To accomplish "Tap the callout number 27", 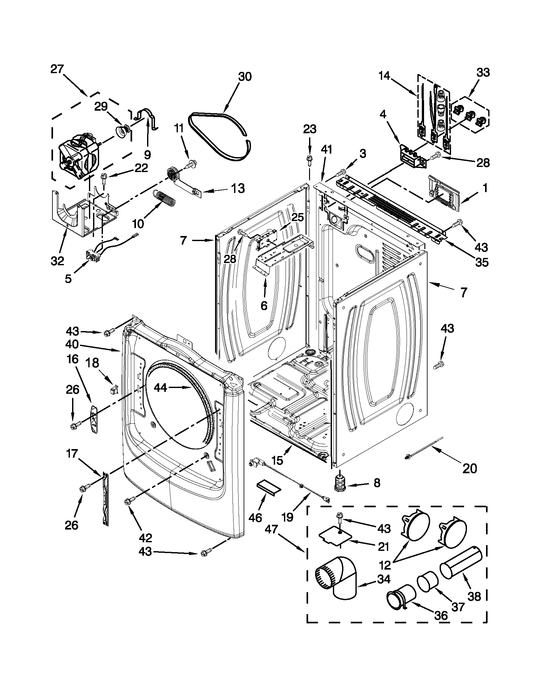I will coord(57,69).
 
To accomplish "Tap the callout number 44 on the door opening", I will coord(160,388).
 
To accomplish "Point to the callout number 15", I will coord(277,461).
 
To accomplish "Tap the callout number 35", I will coord(482,262).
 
